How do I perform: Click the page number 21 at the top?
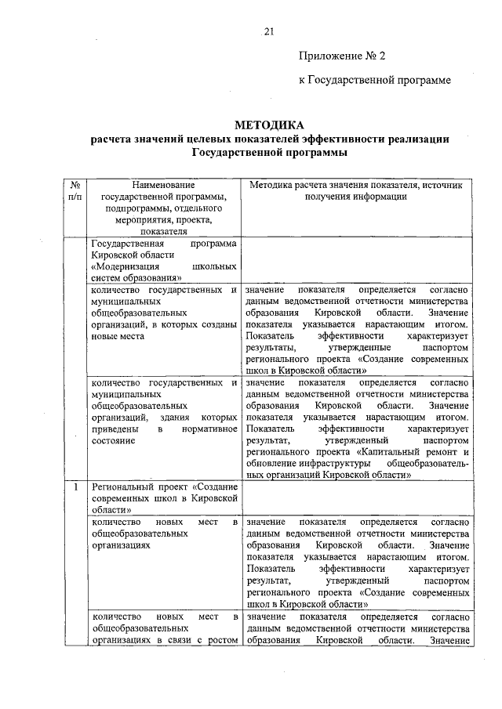click(268, 31)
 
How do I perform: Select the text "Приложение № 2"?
click(343, 56)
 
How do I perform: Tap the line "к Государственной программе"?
click(375, 80)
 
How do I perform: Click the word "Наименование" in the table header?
click(163, 185)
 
